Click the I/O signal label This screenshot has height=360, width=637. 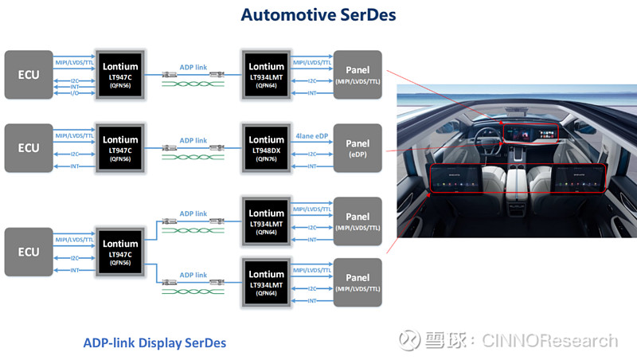tap(74, 92)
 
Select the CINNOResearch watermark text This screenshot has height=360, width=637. tap(549, 340)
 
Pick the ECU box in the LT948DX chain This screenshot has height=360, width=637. tap(29, 148)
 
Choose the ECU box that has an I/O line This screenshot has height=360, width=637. tap(29, 74)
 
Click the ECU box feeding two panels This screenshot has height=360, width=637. tap(29, 251)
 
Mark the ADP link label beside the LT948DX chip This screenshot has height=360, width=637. tap(193, 140)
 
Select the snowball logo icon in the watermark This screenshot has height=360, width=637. tap(409, 340)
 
